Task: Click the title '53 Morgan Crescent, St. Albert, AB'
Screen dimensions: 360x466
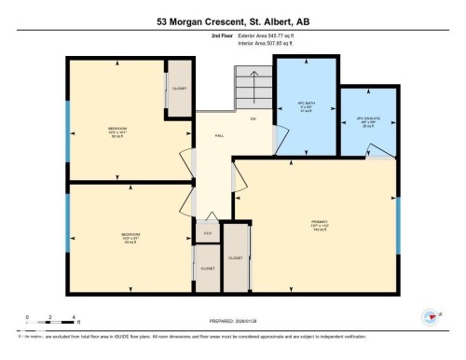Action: [232, 21]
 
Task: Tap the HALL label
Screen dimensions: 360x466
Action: [219, 136]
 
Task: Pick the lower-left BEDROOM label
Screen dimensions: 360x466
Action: [130, 235]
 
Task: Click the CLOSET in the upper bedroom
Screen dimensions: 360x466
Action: [179, 89]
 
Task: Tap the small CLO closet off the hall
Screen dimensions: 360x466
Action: [207, 233]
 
